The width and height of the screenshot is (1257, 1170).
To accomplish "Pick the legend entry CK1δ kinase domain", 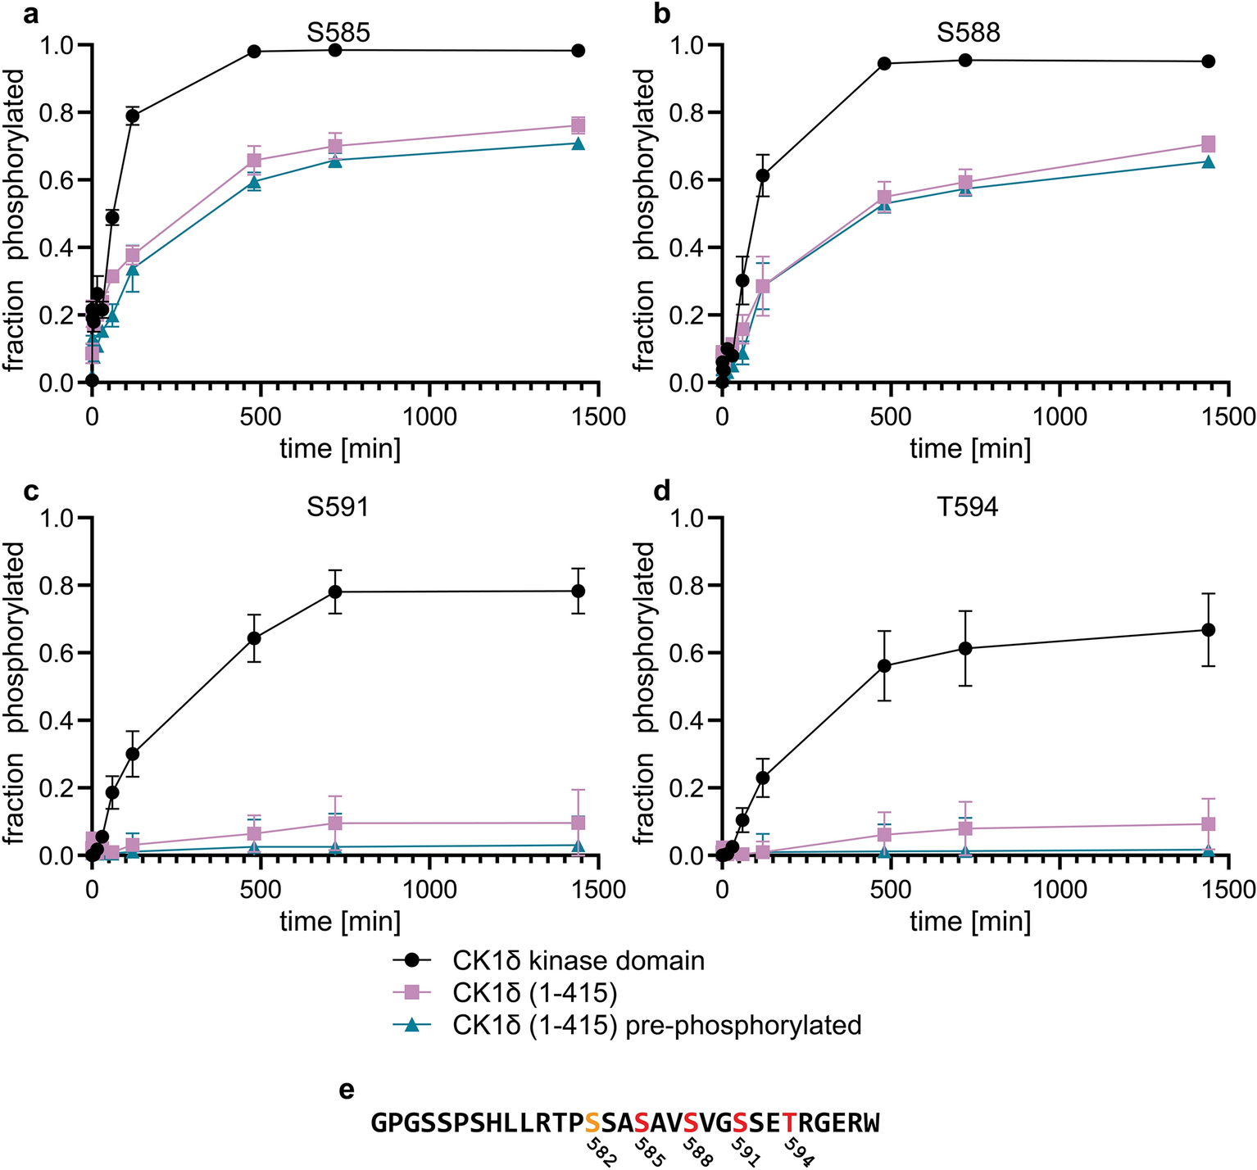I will coord(578,959).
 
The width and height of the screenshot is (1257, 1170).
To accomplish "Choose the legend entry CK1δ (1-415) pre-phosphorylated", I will coord(656,1025).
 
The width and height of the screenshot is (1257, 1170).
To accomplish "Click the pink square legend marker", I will coord(412,992).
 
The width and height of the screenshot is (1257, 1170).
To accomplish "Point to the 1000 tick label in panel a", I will coord(430,417).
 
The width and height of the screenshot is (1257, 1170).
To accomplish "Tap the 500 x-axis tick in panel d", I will coord(890,890).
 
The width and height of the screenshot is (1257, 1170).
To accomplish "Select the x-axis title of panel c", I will coord(340,922).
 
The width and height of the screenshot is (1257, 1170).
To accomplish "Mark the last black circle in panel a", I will coord(578,51).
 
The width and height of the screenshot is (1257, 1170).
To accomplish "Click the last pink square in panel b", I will coord(1208,144).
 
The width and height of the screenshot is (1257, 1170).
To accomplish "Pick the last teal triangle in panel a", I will coord(578,143).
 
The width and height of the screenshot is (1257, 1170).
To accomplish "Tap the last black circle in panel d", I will coord(1208,629).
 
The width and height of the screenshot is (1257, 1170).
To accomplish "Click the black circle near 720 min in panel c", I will coord(335,592).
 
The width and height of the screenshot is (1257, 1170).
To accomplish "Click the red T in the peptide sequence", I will coord(789,1122).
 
